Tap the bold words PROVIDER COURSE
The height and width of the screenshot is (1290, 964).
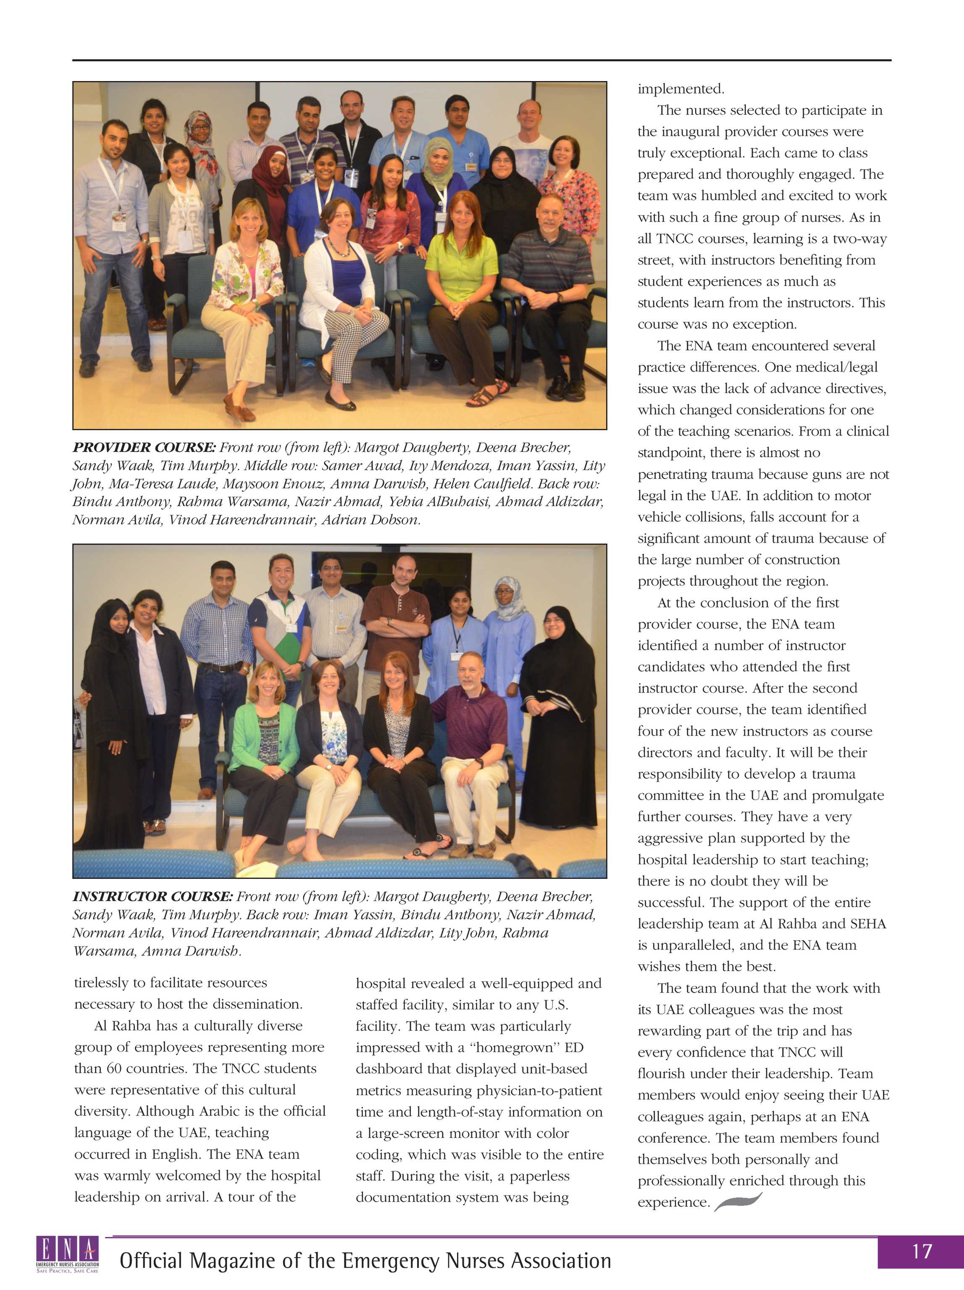[x=144, y=447]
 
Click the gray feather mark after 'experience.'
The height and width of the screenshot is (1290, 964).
[x=738, y=1202]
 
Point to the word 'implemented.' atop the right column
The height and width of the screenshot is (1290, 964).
[x=680, y=89]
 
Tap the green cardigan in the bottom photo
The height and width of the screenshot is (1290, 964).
[x=264, y=736]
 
